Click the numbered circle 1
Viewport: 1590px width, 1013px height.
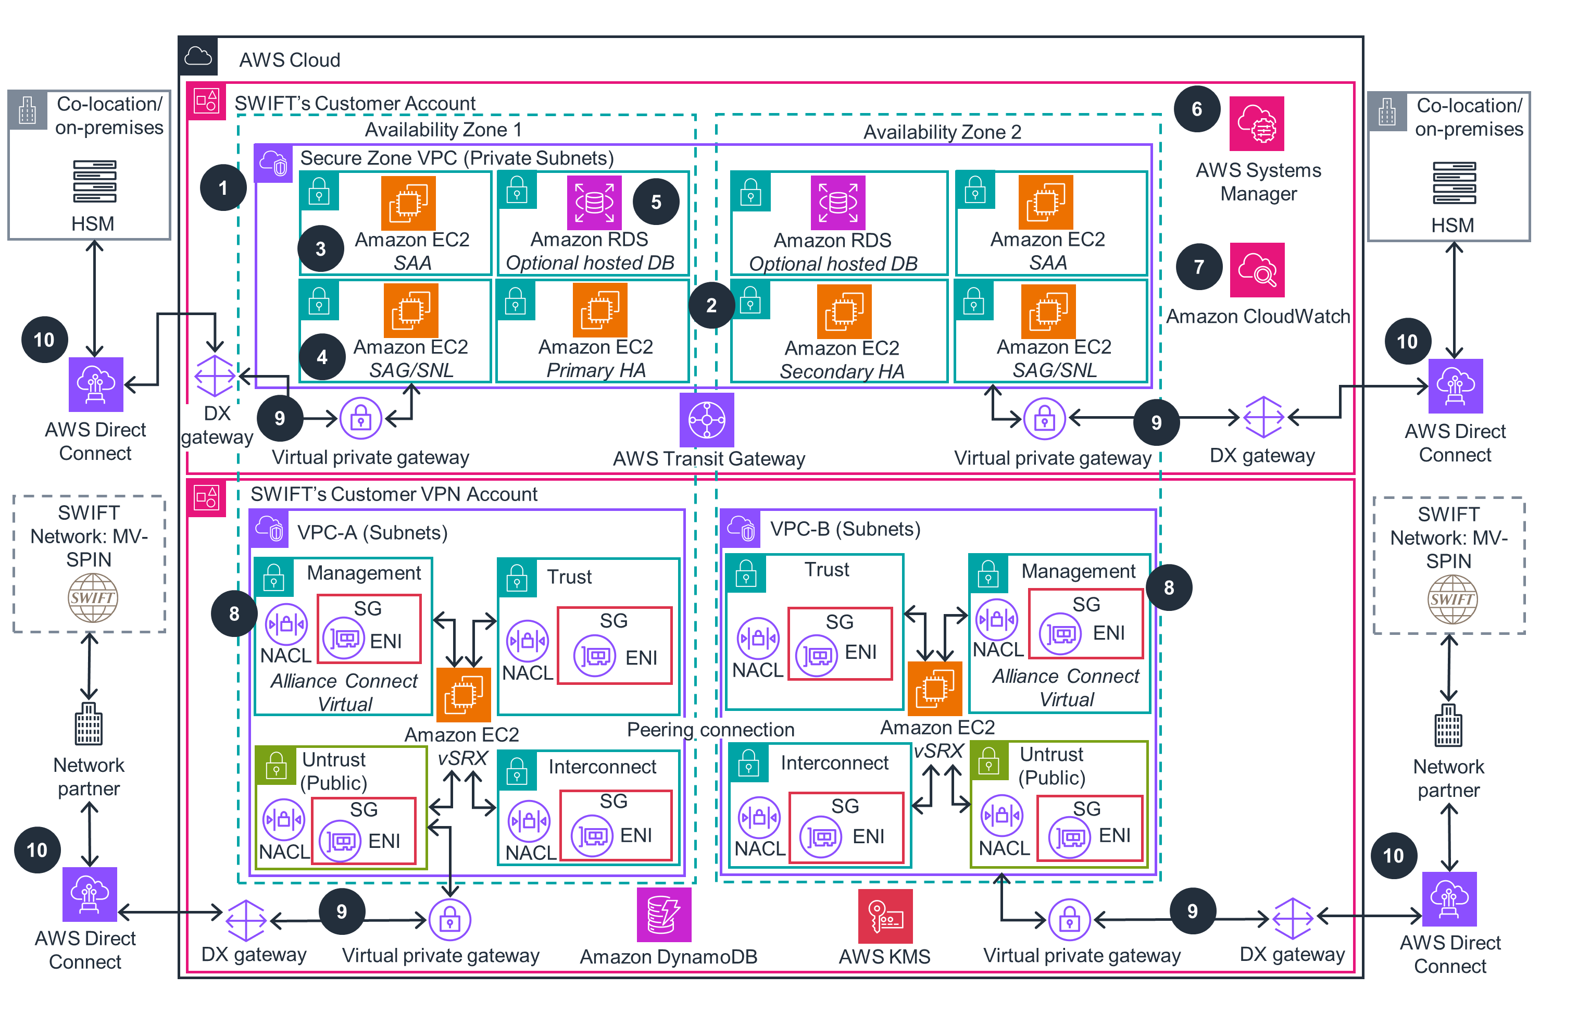pyautogui.click(x=223, y=187)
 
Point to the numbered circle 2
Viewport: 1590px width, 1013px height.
pyautogui.click(x=711, y=305)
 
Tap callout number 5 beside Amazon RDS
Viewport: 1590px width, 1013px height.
pyautogui.click(x=656, y=202)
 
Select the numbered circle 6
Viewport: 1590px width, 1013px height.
pyautogui.click(x=1196, y=109)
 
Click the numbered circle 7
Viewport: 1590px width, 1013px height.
pyautogui.click(x=1198, y=267)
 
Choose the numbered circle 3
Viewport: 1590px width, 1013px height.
pyautogui.click(x=320, y=249)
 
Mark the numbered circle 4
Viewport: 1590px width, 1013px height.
pyautogui.click(x=321, y=357)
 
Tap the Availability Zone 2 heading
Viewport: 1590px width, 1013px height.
pyautogui.click(x=942, y=132)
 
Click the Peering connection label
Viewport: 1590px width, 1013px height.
pyautogui.click(x=710, y=729)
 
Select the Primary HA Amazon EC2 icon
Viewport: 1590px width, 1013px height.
pyautogui.click(x=599, y=310)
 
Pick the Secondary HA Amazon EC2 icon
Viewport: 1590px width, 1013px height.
pyautogui.click(x=843, y=311)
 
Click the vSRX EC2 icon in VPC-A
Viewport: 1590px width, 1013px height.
pyautogui.click(x=463, y=695)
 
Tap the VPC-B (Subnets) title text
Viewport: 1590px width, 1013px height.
pyautogui.click(x=845, y=529)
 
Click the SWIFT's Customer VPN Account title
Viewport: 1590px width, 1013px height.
pyautogui.click(x=394, y=494)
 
